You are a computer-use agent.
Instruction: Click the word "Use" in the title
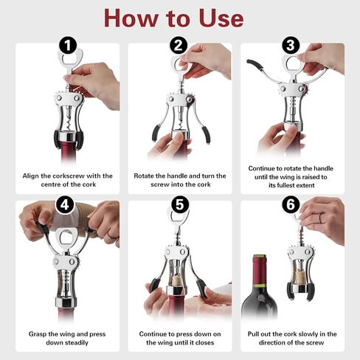coord(221,18)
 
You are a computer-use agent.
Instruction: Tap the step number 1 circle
coord(68,45)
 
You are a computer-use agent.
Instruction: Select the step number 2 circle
coord(179,45)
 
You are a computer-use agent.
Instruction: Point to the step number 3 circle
coord(291,45)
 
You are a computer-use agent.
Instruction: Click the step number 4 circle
coord(65,204)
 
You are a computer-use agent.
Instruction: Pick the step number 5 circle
coord(180,204)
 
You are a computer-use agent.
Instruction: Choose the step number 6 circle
coord(291,204)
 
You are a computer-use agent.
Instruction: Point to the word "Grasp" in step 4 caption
coord(38,334)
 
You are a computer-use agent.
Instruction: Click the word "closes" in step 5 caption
coord(204,342)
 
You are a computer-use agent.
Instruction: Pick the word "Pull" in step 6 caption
coord(253,334)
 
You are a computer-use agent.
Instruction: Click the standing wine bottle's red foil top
coord(260,270)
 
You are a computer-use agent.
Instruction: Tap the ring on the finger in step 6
coord(320,218)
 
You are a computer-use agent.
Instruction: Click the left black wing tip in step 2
coord(156,133)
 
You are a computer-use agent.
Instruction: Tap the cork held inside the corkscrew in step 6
coord(300,277)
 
